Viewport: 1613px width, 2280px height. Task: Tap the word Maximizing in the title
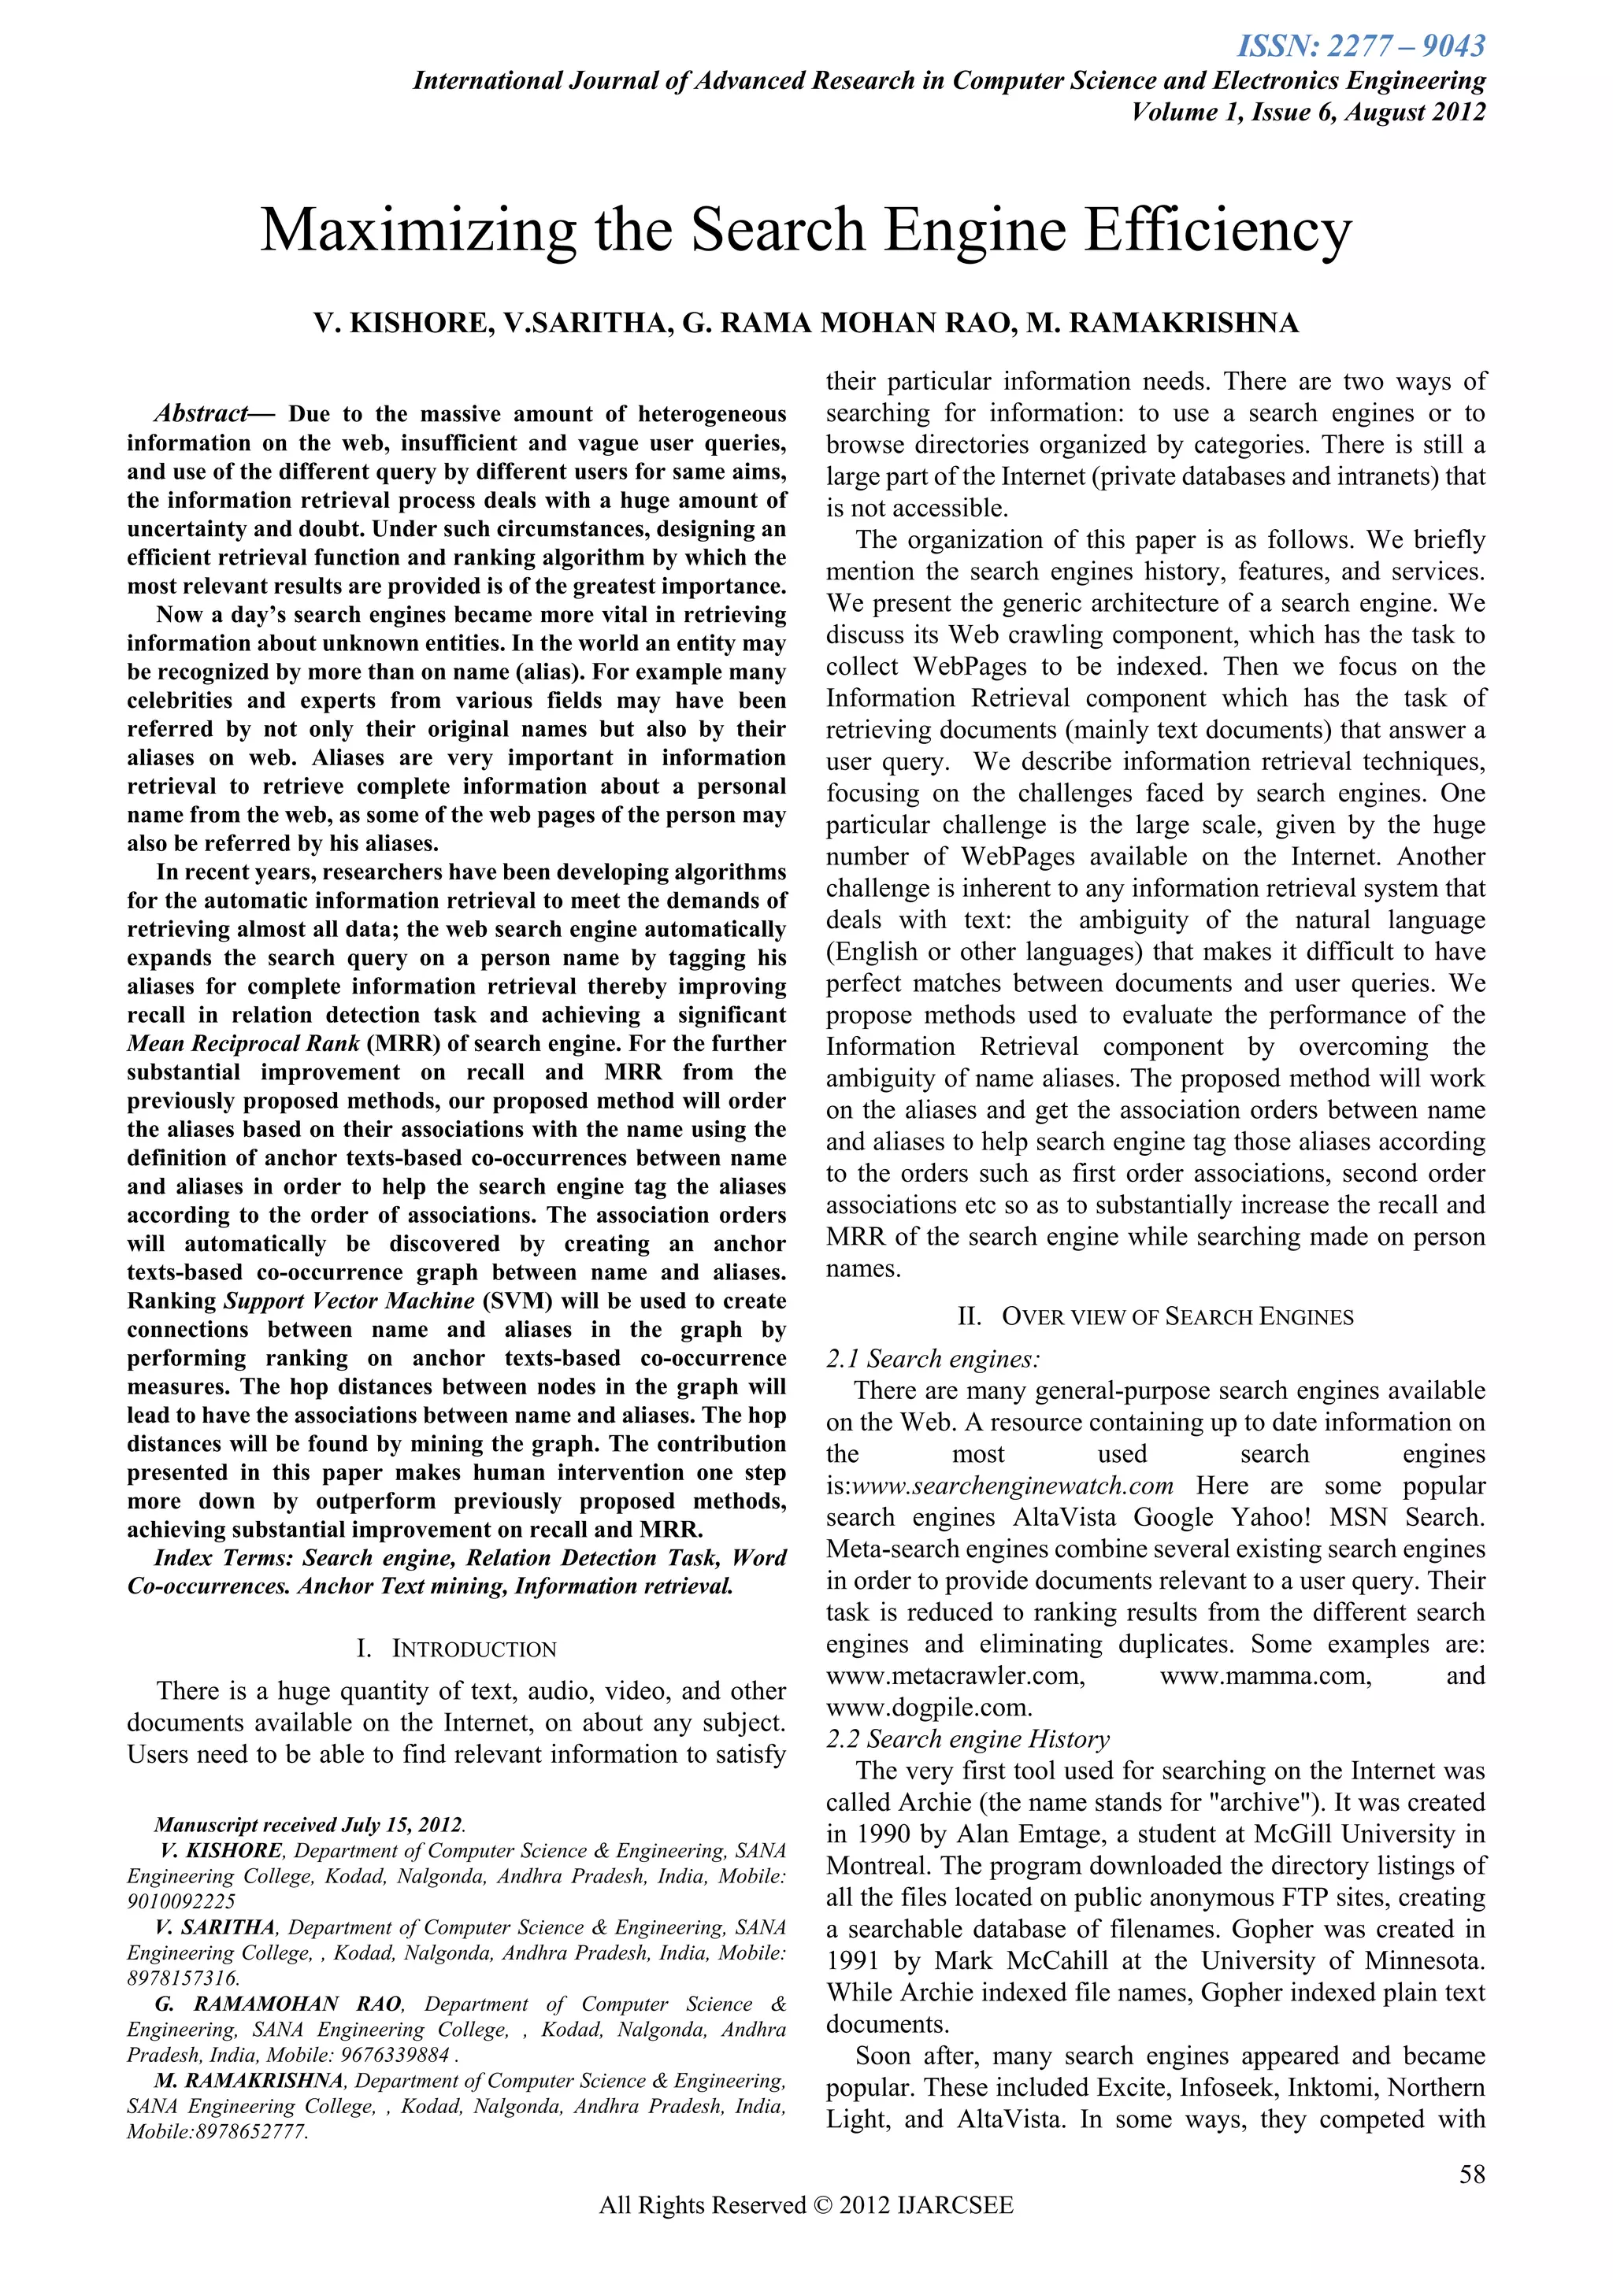(x=417, y=231)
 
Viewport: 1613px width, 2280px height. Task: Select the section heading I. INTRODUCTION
(x=456, y=1649)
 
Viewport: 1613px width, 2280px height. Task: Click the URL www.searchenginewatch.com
(x=1013, y=1486)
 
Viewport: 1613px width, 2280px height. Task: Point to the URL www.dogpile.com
(x=929, y=1708)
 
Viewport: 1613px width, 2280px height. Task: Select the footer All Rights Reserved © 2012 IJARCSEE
(x=806, y=2234)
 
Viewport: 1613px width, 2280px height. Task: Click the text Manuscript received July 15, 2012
(x=308, y=1825)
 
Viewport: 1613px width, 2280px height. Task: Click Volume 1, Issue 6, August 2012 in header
(x=1308, y=113)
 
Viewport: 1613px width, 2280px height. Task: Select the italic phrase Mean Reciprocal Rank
(x=243, y=1045)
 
